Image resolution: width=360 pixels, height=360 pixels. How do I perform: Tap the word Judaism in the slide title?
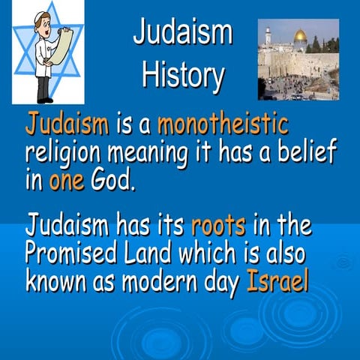(182, 33)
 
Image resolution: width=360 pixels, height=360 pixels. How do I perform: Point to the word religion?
(68, 154)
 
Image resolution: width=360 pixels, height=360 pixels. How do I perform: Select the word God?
(114, 181)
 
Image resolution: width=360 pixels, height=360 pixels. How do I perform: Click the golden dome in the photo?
(300, 35)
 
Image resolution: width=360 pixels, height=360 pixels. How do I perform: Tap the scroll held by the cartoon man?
(63, 45)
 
